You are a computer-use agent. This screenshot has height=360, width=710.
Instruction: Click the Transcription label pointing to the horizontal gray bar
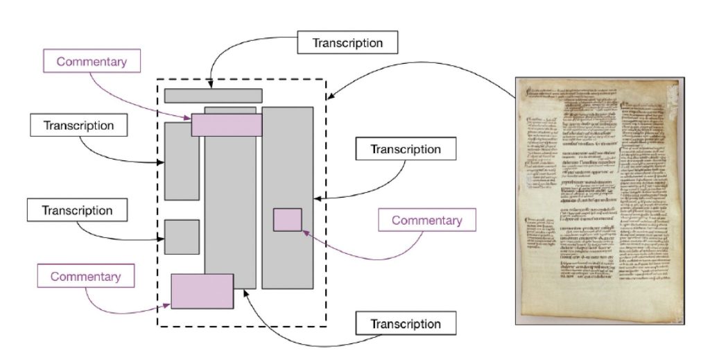point(347,42)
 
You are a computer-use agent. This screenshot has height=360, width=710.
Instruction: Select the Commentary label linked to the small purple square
point(426,221)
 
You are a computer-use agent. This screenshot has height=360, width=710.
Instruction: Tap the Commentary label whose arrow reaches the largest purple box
point(85,277)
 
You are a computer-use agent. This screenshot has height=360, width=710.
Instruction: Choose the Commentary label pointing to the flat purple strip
point(92,61)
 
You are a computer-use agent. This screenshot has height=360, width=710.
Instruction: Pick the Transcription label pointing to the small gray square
point(77,210)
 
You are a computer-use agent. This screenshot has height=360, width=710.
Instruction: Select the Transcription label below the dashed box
point(405,324)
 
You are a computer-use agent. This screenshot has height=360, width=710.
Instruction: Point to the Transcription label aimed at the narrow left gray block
point(78,126)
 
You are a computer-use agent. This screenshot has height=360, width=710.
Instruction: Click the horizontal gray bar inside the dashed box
point(213,96)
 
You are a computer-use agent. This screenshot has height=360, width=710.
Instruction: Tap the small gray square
point(182,237)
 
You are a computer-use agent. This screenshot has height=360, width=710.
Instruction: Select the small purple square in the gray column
point(287,219)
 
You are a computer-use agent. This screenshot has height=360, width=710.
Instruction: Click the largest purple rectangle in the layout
point(202,291)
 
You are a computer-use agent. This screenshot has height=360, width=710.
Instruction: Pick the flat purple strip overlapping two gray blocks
point(226,125)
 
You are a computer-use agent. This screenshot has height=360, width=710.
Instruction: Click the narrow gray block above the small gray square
point(182,161)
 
